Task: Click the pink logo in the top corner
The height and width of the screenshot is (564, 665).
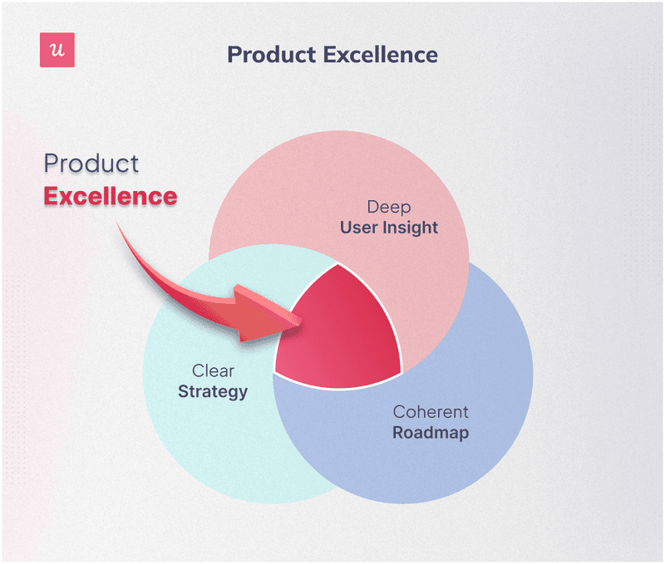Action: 57,51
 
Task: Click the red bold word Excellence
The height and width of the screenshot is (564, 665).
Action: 110,197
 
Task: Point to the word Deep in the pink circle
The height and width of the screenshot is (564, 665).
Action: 388,207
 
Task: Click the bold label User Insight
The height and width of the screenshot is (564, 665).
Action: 388,227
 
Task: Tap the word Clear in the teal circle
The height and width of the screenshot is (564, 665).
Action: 213,371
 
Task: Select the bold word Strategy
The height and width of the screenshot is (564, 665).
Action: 213,390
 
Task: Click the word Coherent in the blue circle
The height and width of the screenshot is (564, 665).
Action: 431,412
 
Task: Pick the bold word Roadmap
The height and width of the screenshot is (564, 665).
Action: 431,432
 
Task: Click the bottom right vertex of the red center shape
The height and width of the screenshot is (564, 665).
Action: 401,371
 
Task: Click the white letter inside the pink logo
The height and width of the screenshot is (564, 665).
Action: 57,51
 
